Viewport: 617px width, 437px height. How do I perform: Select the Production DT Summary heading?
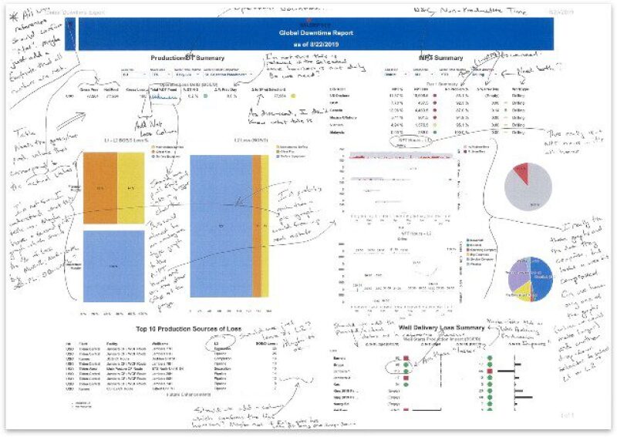(x=189, y=58)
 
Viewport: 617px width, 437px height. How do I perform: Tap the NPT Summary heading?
(x=440, y=58)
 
